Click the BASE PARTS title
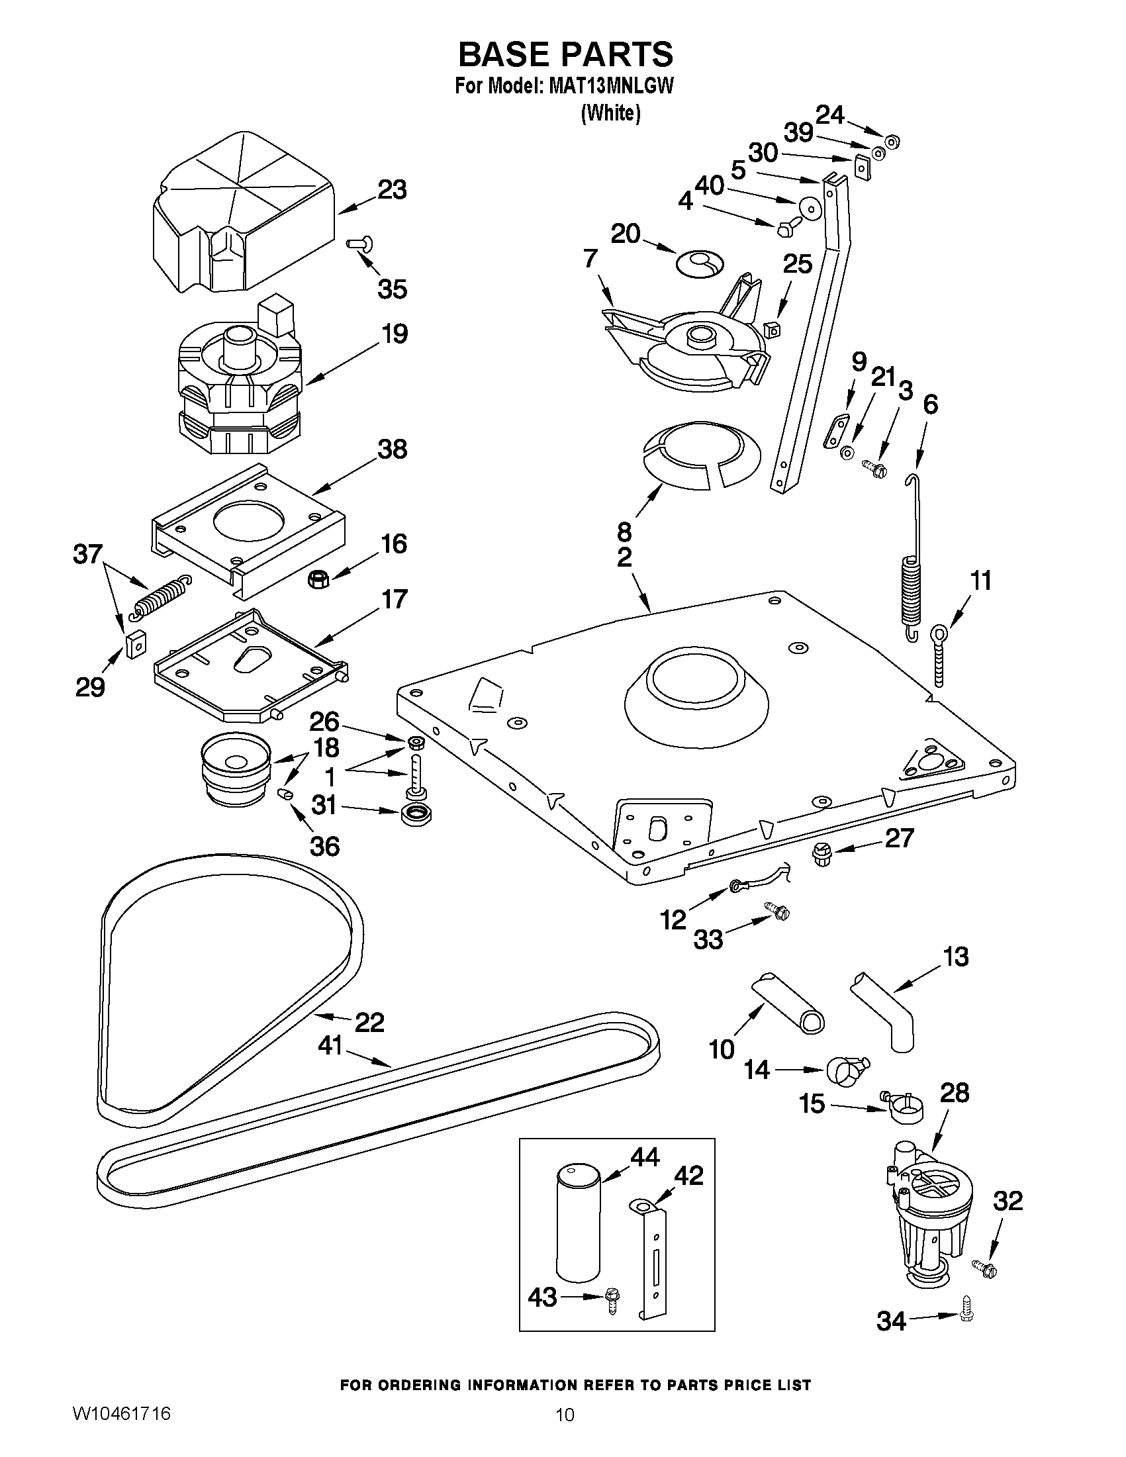[x=565, y=55]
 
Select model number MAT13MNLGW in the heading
[x=610, y=87]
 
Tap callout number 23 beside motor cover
[x=393, y=191]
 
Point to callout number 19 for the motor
[x=395, y=334]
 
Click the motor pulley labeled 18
[x=236, y=771]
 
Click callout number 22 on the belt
[x=369, y=1023]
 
